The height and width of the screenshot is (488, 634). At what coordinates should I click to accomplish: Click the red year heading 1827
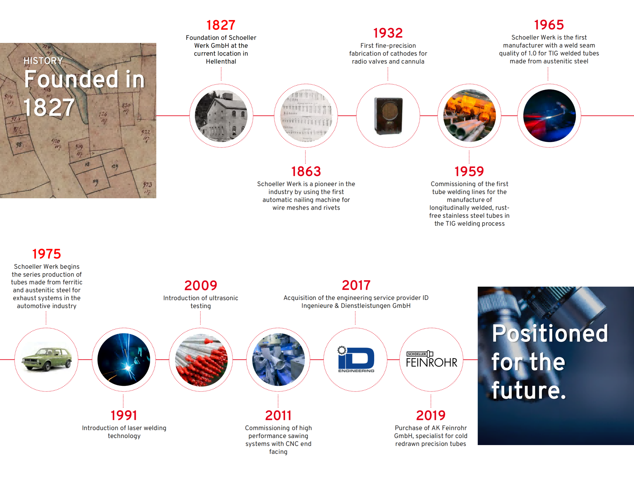pyautogui.click(x=221, y=25)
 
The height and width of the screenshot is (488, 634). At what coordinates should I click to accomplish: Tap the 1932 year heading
pyautogui.click(x=388, y=33)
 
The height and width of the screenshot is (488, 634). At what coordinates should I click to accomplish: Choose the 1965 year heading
pyautogui.click(x=549, y=25)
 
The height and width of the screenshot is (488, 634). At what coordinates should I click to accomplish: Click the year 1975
pyautogui.click(x=46, y=254)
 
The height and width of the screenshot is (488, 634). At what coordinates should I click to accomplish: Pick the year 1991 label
pyautogui.click(x=124, y=415)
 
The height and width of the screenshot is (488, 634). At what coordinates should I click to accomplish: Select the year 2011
pyautogui.click(x=278, y=415)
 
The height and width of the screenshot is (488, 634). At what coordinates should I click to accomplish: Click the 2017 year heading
pyautogui.click(x=356, y=285)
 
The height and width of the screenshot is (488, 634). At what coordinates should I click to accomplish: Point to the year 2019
pyautogui.click(x=431, y=415)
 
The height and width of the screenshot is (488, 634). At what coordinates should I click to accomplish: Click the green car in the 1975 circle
pyautogui.click(x=46, y=360)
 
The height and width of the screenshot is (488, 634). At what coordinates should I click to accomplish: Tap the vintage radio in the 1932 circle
pyautogui.click(x=388, y=116)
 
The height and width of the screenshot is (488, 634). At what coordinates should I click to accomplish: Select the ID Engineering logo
pyautogui.click(x=356, y=359)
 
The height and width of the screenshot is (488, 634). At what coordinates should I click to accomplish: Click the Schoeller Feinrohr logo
pyautogui.click(x=432, y=359)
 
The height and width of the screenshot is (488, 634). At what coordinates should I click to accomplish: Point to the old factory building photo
pyautogui.click(x=221, y=116)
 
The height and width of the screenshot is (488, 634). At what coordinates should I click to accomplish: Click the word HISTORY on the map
pyautogui.click(x=43, y=61)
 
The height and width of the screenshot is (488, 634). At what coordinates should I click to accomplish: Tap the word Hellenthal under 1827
pyautogui.click(x=221, y=62)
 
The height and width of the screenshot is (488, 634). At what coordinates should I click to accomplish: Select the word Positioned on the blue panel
pyautogui.click(x=550, y=333)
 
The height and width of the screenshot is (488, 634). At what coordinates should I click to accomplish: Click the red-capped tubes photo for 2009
pyautogui.click(x=201, y=360)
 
